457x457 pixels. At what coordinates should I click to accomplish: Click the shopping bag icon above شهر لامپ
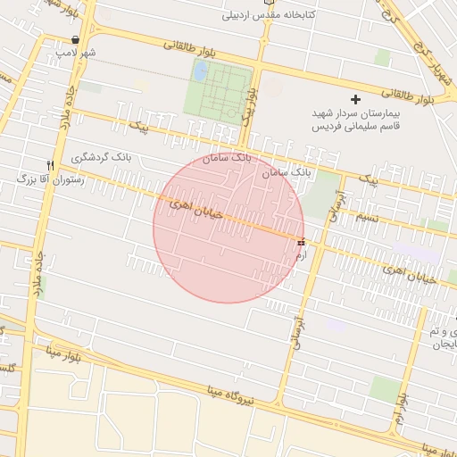pyautogui.click(x=75, y=40)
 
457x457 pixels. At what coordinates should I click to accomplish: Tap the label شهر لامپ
pyautogui.click(x=76, y=54)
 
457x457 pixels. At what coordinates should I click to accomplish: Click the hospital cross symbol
pyautogui.click(x=356, y=99)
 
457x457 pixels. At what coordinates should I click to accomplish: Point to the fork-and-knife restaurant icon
pyautogui.click(x=51, y=165)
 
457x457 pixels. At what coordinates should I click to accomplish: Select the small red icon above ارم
pyautogui.click(x=300, y=241)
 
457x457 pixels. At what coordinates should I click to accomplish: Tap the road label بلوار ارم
pyautogui.click(x=403, y=402)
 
